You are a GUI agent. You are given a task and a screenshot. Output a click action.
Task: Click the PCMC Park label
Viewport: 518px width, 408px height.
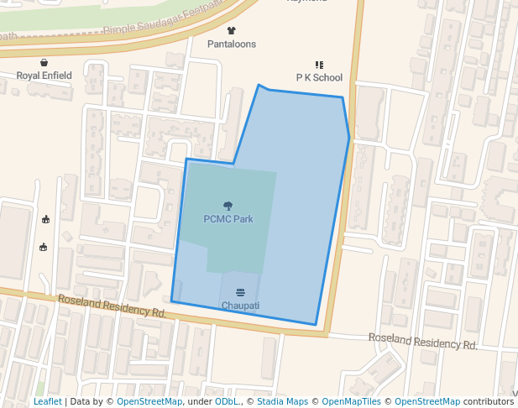[x=228, y=219]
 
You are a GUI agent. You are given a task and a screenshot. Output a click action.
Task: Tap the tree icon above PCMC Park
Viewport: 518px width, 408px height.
[x=228, y=206]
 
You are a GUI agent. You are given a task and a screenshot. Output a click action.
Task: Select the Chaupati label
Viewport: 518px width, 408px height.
[x=240, y=305]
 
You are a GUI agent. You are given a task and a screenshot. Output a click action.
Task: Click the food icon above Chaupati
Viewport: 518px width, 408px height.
[x=240, y=292]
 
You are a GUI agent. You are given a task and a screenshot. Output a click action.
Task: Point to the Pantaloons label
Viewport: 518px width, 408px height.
[x=232, y=44]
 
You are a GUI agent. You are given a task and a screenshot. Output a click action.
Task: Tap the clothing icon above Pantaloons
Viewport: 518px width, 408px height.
[x=232, y=31]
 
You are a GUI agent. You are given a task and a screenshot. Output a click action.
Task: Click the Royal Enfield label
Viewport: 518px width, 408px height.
[x=44, y=76]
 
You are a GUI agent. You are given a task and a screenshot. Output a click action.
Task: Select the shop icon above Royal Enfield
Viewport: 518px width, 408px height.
[x=44, y=62]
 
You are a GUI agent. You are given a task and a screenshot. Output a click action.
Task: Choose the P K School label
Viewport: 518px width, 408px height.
[x=319, y=77]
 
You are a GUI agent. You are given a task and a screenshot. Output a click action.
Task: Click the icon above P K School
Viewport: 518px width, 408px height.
[x=319, y=65]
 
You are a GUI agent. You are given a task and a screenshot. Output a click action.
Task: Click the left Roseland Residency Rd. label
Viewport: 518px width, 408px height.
[x=112, y=306]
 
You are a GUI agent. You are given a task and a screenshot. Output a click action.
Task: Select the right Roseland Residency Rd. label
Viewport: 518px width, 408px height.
[x=423, y=341]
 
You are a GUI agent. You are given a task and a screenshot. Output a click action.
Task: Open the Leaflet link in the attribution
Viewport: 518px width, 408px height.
[x=47, y=402]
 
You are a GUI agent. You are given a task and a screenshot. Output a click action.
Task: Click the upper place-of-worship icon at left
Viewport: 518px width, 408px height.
[x=45, y=220]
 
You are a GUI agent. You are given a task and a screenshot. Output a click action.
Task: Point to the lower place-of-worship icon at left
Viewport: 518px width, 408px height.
[x=43, y=247]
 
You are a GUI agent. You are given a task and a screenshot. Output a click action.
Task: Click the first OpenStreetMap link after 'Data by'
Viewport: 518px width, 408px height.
[x=149, y=402]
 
